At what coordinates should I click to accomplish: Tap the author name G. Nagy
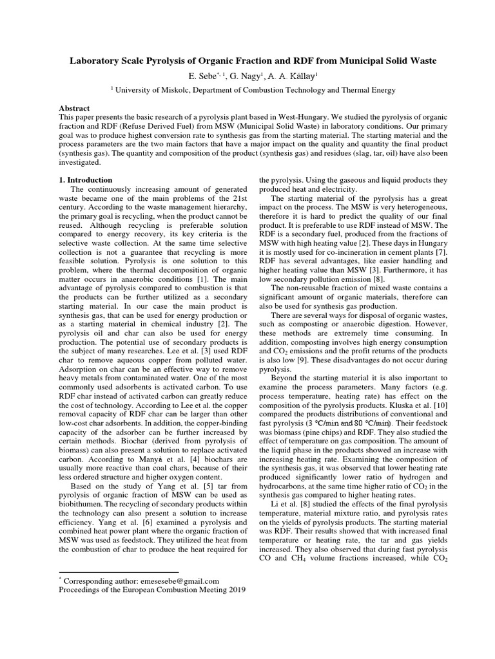click(241, 76)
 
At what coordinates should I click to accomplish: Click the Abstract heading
click(74, 109)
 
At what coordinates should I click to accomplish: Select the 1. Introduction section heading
click(86, 180)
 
